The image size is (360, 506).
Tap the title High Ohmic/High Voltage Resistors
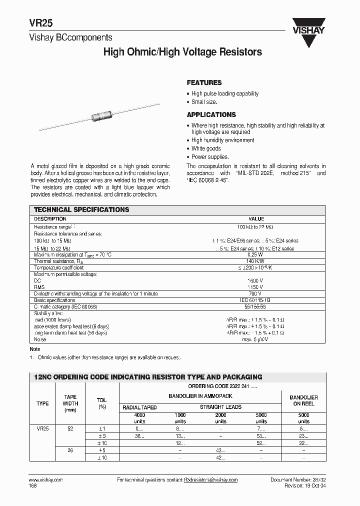pos(182,52)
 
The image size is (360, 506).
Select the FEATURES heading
pos(204,82)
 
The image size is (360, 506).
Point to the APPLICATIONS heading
pos(211,114)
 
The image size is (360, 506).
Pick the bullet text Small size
pos(204,101)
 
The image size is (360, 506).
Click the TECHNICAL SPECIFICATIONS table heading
pos(81,210)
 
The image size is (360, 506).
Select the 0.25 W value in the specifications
pos(256,254)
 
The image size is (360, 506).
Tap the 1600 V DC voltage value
pos(256,281)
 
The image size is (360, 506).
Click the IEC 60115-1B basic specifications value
pos(256,300)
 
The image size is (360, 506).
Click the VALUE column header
pos(256,219)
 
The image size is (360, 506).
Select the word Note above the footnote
pos(35,349)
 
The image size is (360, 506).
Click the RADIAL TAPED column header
pos(139,407)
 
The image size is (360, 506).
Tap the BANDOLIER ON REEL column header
pos(303,400)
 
